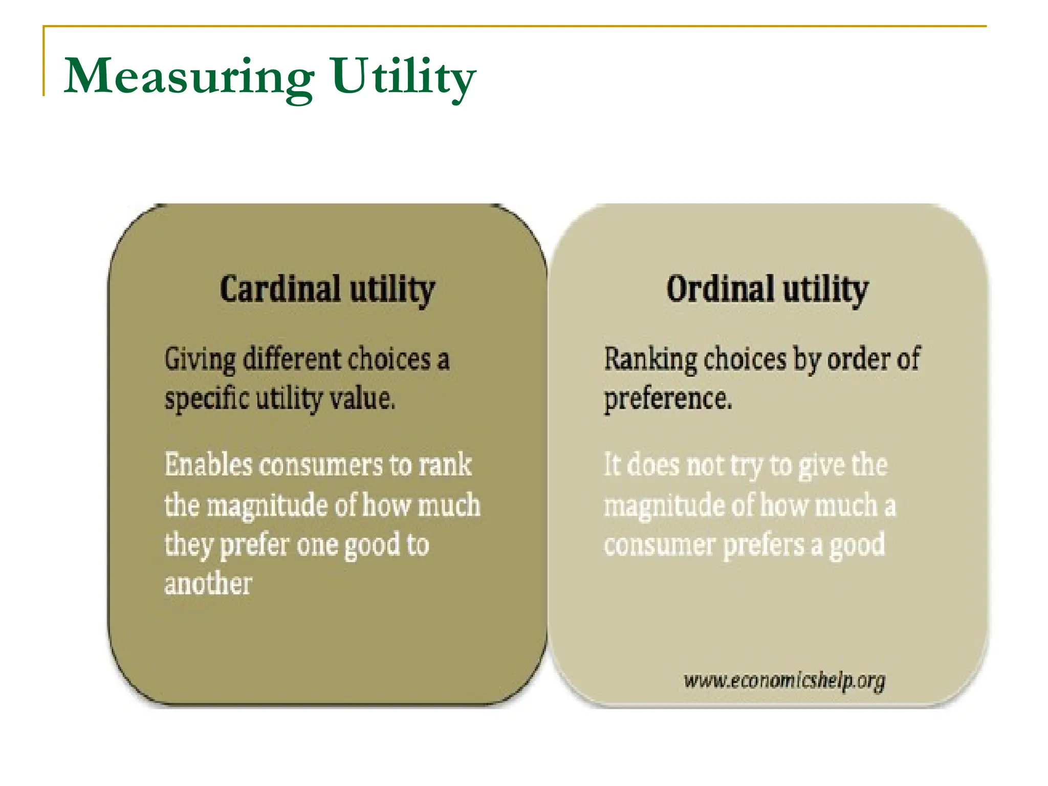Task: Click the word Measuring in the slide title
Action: [x=189, y=77]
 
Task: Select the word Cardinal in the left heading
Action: [x=280, y=289]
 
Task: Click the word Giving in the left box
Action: [x=200, y=359]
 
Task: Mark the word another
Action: [x=208, y=583]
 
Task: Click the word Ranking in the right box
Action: [x=650, y=359]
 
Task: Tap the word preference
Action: [x=668, y=399]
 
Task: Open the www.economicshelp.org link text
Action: [x=784, y=681]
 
